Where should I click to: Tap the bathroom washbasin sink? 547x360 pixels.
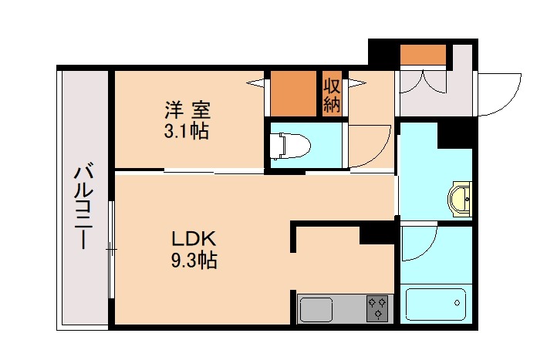[461, 198]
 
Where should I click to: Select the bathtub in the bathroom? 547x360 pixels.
[437, 305]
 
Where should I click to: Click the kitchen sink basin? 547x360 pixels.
[316, 309]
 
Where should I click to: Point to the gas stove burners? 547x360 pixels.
[378, 308]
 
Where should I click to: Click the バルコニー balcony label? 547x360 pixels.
[83, 207]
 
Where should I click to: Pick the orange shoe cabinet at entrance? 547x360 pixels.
[423, 56]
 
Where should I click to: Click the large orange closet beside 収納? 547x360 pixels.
[294, 94]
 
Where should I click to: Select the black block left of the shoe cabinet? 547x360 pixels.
[383, 53]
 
